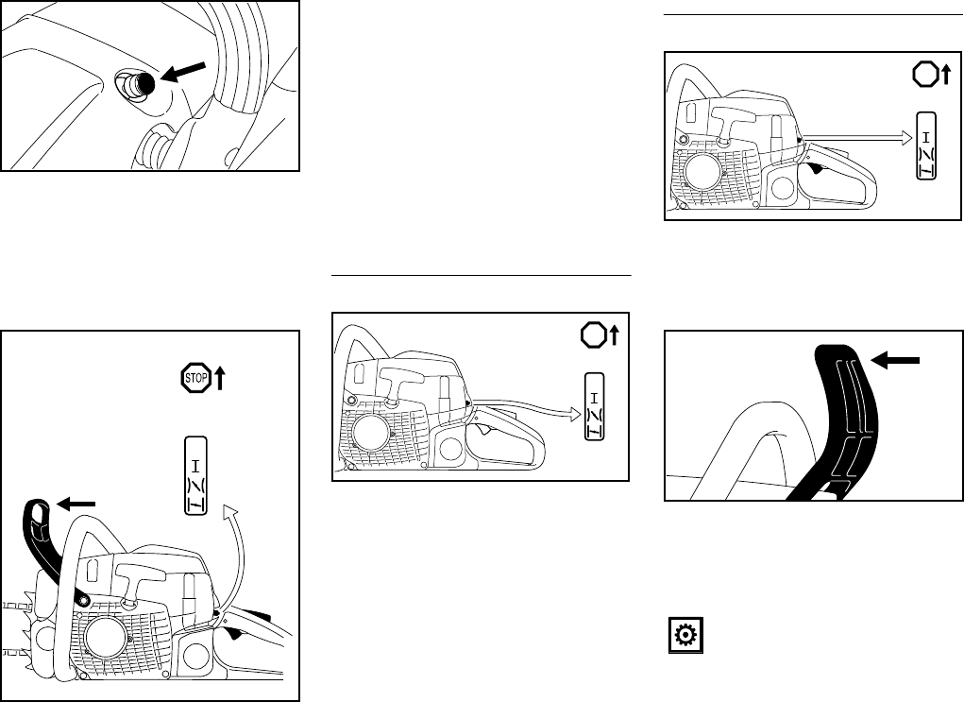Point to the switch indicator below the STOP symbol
coord(195,475)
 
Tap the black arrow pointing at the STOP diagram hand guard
coord(77,505)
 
